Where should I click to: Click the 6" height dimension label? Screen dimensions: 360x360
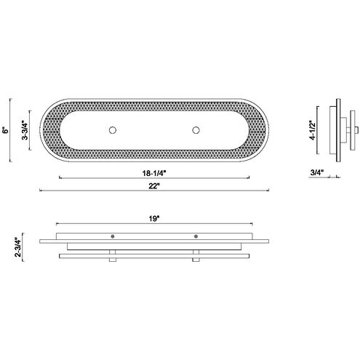pos(5,130)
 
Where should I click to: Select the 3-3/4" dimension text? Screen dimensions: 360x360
pos(25,130)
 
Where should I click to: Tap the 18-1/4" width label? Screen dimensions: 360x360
pos(153,173)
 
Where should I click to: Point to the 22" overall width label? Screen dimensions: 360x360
pos(154,186)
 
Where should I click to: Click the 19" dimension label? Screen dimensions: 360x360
pos(154,219)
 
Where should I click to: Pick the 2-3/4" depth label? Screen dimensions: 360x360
pos(18,247)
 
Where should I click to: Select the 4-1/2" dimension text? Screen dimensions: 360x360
pos(313,130)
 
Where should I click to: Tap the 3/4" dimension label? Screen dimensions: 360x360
pos(317,172)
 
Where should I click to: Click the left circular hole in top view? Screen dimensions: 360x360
pos(113,130)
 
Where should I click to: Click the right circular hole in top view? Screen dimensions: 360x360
pos(196,130)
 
